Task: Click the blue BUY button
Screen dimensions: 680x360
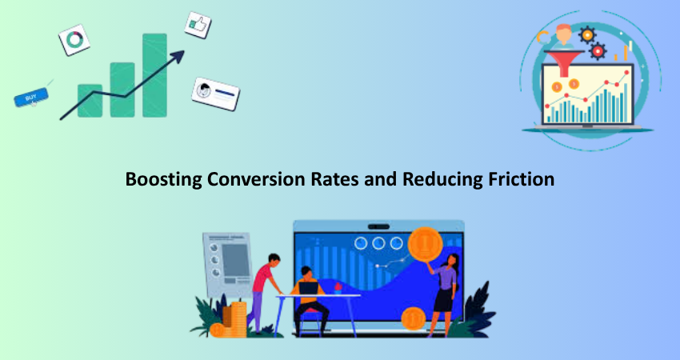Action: [x=30, y=98]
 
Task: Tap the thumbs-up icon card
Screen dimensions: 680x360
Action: [x=198, y=25]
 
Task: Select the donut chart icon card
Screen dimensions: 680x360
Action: [x=74, y=40]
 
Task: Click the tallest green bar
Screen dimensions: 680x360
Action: [x=154, y=75]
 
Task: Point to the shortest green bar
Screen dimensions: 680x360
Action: [x=90, y=101]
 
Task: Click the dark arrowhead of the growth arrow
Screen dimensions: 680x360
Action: [x=178, y=56]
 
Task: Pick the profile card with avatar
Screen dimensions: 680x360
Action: [x=215, y=94]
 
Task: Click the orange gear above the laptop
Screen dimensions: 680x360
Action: [x=587, y=34]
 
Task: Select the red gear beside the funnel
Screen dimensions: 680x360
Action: [x=598, y=51]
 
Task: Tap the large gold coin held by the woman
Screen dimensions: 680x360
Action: [x=425, y=244]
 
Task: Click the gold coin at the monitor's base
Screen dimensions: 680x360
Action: [x=414, y=319]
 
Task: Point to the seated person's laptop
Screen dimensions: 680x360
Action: [x=308, y=287]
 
